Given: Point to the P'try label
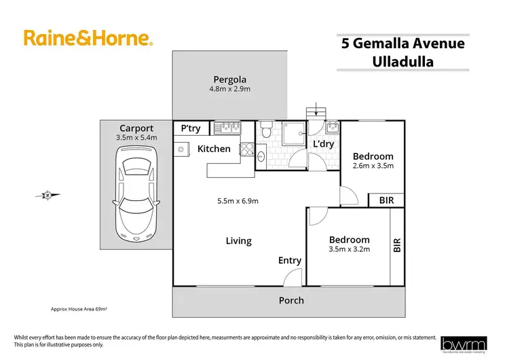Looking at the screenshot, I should tap(191, 128).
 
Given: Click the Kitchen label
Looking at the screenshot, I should tap(214, 149).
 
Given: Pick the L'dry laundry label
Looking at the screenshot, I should tap(321, 144).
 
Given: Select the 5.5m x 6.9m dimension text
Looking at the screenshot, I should tap(238, 200).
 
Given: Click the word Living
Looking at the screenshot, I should tap(238, 240).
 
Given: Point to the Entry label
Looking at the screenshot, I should tap(290, 260).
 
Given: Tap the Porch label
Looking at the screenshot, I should tap(291, 300).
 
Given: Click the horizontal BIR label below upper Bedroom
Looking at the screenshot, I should tap(386, 200).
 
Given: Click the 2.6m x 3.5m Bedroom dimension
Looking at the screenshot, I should tap(373, 165).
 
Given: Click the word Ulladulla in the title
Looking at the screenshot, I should tap(402, 62).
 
